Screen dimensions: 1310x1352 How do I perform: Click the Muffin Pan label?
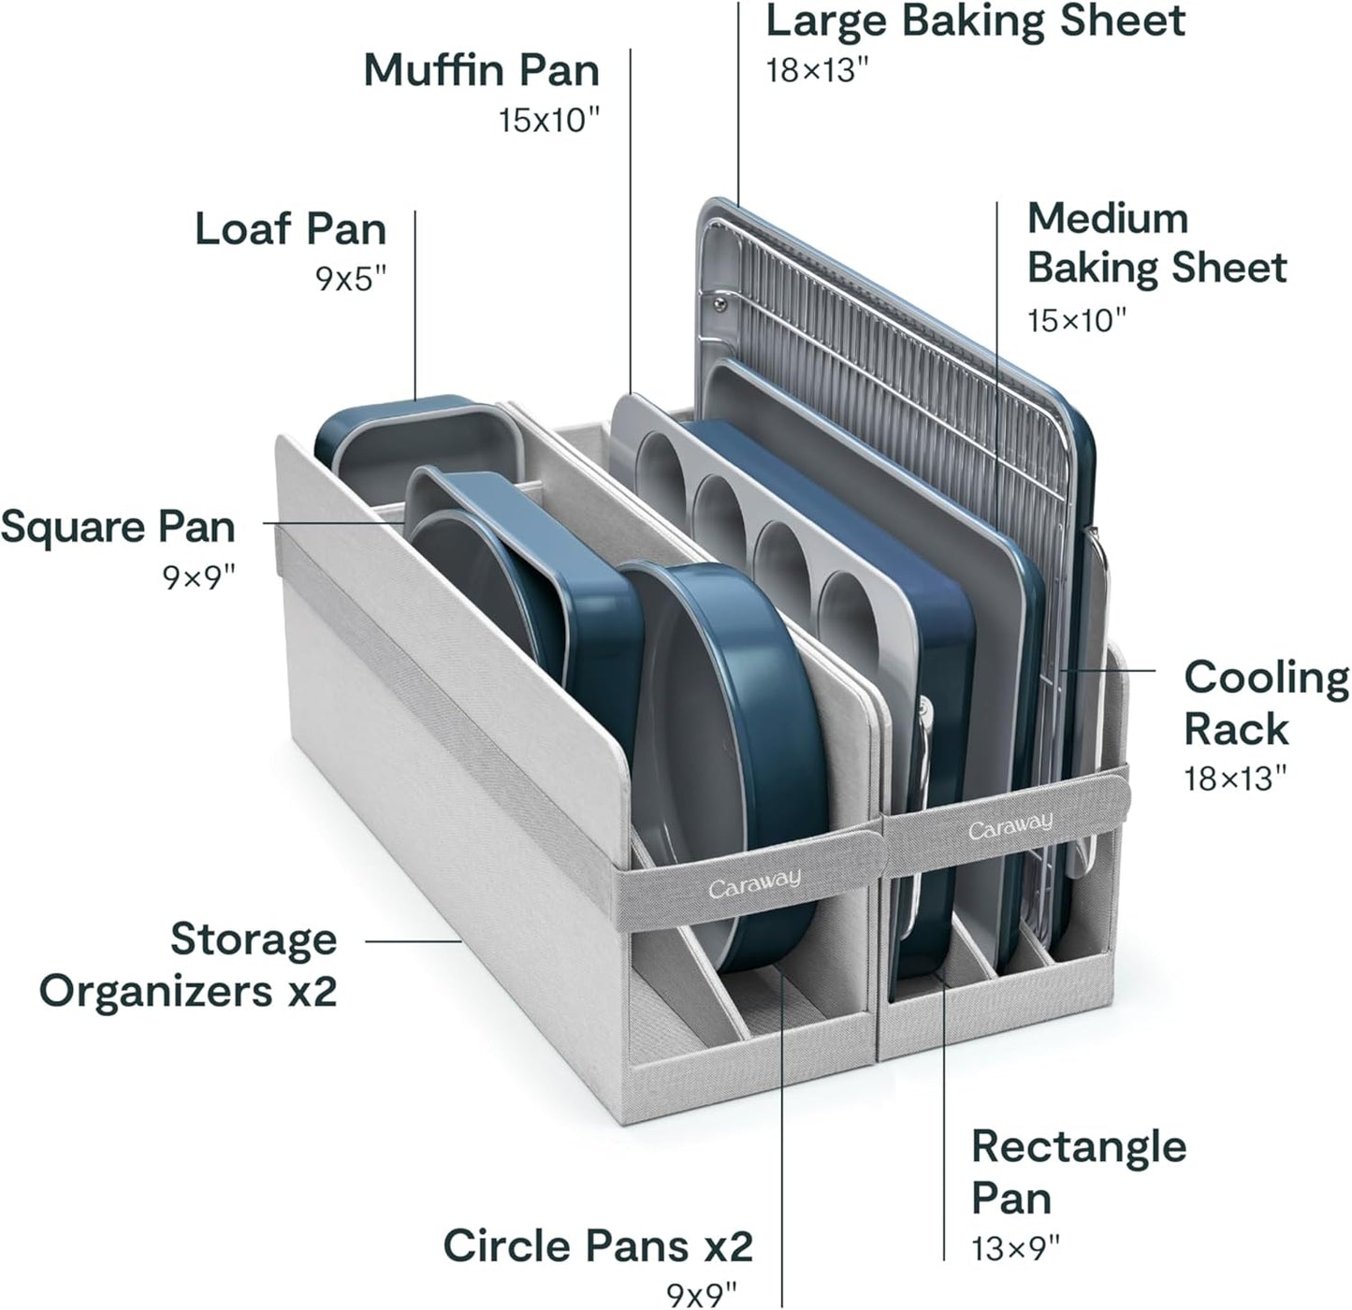coord(481,70)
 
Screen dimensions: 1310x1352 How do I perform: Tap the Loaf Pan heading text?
coord(290,229)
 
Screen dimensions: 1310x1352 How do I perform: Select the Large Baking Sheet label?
coord(975,21)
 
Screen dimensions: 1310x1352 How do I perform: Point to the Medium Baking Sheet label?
coord(1156,242)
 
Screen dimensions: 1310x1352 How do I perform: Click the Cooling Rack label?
coord(1266,703)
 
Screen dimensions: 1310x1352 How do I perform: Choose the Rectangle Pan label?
coord(1078,1172)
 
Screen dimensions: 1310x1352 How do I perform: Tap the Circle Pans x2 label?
coord(597,1245)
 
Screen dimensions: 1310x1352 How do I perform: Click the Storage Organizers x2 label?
coord(188,965)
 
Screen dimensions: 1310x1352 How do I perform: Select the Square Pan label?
coord(118,527)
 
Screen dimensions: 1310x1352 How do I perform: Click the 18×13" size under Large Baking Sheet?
coord(811,70)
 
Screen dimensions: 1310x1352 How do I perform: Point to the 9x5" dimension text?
coord(351,278)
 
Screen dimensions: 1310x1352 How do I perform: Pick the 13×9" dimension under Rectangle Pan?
coord(1016,1248)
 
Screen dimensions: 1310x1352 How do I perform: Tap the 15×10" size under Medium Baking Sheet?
coord(1076,321)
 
